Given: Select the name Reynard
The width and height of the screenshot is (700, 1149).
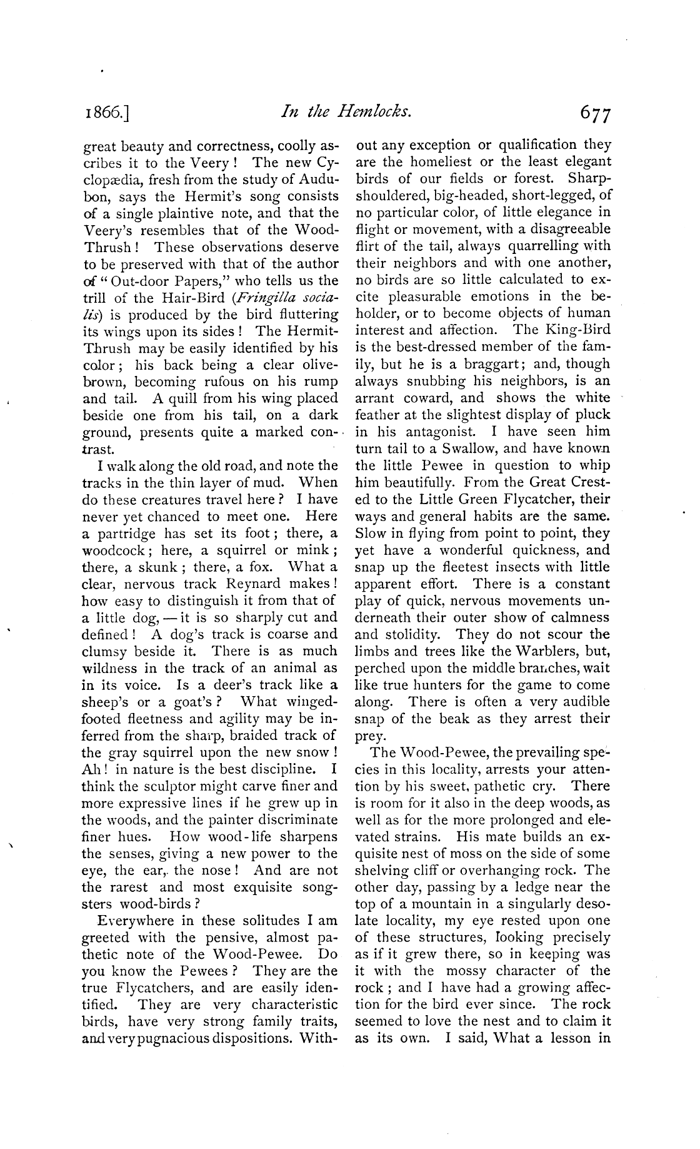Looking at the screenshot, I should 271,584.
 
